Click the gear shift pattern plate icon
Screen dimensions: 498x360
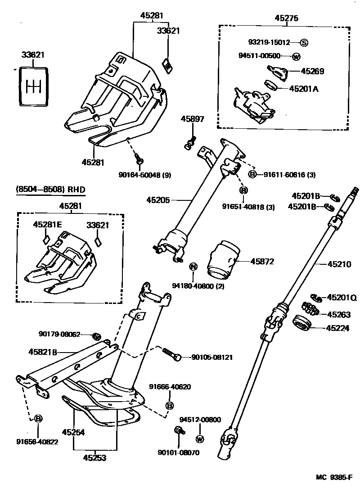[33, 86]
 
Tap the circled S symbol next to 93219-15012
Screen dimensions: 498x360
[304, 43]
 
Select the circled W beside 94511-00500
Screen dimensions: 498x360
[296, 56]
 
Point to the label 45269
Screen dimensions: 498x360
[312, 71]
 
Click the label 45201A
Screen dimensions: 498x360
[303, 89]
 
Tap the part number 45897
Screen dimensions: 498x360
[193, 119]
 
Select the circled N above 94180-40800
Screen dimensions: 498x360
[193, 267]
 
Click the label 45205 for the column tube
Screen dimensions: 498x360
[158, 200]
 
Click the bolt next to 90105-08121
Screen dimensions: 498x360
[172, 355]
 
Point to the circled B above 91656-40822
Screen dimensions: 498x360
[38, 419]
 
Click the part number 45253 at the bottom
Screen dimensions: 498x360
[94, 458]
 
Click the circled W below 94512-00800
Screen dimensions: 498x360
[200, 439]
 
